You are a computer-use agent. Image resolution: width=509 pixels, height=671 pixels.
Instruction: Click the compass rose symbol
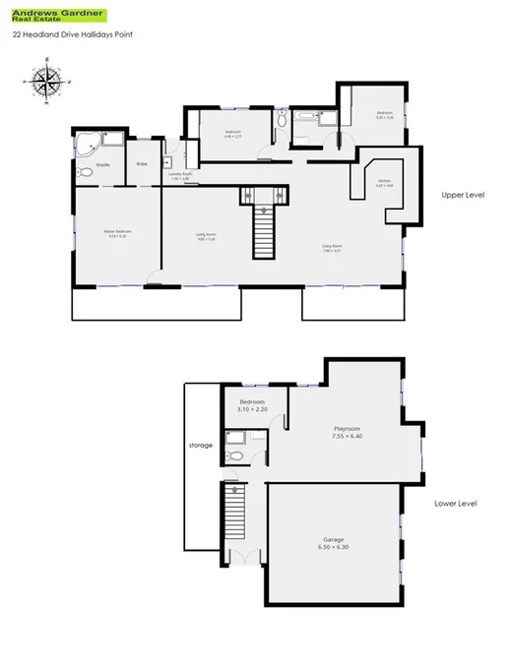coord(45,82)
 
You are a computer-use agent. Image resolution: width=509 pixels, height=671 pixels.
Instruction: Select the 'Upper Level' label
coord(463,196)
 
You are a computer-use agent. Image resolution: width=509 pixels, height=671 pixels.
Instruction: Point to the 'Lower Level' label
coord(455,504)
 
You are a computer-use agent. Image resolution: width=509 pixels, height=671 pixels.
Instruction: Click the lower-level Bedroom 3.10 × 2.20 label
coord(253,405)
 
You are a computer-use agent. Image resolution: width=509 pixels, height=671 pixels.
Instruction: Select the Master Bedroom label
coord(116,234)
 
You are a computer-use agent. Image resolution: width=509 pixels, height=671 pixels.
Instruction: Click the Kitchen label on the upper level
coord(384,183)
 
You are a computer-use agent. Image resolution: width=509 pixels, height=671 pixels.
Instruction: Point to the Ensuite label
coord(102,164)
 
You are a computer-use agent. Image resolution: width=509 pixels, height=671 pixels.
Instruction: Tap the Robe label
coord(142,163)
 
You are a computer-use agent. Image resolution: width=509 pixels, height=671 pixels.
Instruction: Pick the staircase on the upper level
coord(263,228)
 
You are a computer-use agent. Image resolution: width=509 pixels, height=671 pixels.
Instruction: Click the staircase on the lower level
coord(234,513)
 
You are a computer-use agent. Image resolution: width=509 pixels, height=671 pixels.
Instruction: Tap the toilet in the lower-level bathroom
coord(234,455)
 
